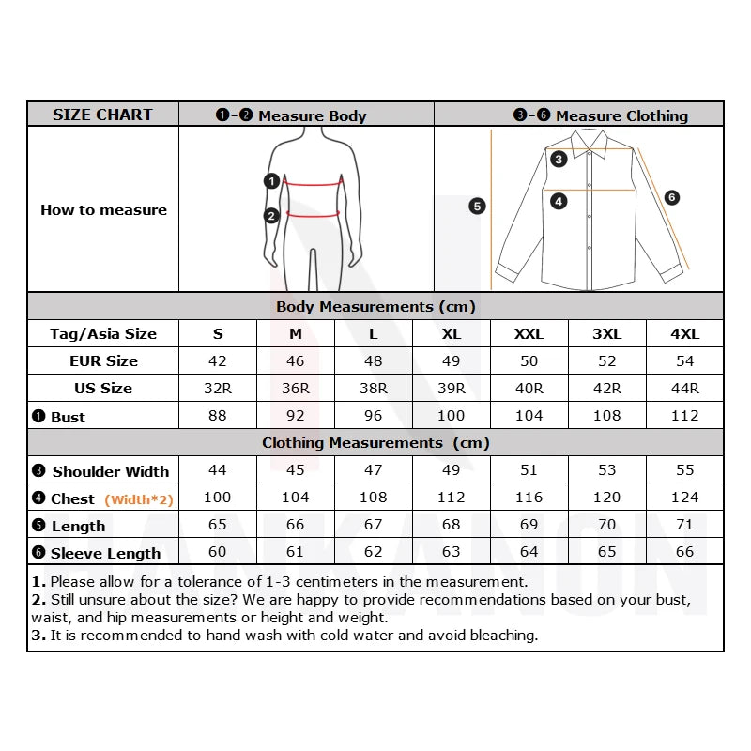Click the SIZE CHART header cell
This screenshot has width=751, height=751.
tap(102, 115)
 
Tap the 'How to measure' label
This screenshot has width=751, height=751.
tap(103, 210)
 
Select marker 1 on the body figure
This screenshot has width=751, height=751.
tap(271, 181)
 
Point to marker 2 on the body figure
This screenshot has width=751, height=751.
tap(271, 216)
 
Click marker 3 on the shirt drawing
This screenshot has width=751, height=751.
tap(559, 159)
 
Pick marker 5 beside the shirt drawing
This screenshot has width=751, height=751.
tap(477, 206)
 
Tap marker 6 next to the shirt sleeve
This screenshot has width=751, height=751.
tap(671, 197)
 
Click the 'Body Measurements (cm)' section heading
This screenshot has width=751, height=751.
tap(375, 307)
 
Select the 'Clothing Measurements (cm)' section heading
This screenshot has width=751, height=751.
tap(375, 442)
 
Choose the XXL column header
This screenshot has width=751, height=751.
tap(529, 334)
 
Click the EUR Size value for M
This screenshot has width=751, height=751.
tap(295, 361)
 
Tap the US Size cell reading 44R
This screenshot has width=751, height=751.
tap(684, 389)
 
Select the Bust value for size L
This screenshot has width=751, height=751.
tap(373, 416)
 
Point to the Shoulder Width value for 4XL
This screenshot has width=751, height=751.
tap(684, 470)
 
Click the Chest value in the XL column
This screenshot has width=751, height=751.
tap(451, 498)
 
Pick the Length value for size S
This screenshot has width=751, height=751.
tap(217, 525)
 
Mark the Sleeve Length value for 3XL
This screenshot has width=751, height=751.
tap(606, 552)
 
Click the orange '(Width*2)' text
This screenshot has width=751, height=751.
tap(139, 499)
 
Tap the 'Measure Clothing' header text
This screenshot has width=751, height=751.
tap(621, 115)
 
